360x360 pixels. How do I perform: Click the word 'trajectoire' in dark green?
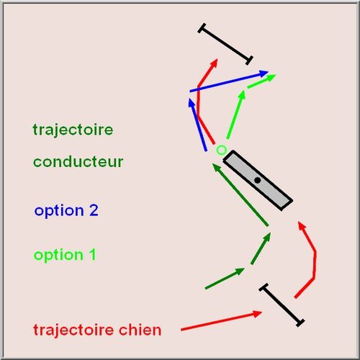click(x=73, y=130)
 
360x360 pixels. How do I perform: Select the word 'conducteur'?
click(x=78, y=162)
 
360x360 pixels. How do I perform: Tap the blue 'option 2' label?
click(x=66, y=211)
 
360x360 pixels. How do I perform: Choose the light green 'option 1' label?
click(x=65, y=255)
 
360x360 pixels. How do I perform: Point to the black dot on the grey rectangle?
click(x=258, y=180)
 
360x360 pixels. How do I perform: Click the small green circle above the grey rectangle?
click(x=221, y=150)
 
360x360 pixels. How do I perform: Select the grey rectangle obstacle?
click(x=258, y=181)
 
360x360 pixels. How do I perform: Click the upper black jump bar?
click(x=225, y=44)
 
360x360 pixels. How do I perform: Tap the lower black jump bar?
click(x=282, y=305)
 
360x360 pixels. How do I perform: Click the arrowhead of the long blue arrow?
click(x=264, y=73)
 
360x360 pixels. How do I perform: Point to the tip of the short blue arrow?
click(x=189, y=99)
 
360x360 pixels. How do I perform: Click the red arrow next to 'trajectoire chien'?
click(x=221, y=320)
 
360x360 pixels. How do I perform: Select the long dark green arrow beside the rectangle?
click(x=240, y=194)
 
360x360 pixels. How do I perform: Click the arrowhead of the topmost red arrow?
click(x=215, y=63)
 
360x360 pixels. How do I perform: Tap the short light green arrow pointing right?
click(x=261, y=81)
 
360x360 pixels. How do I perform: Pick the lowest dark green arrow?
click(x=225, y=279)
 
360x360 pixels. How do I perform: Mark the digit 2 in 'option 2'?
click(x=94, y=210)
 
